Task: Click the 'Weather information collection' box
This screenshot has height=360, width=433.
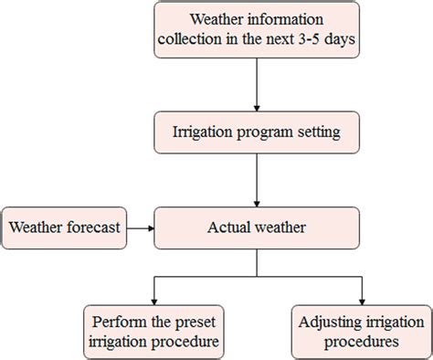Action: click(x=257, y=30)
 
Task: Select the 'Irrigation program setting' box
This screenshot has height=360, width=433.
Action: click(x=257, y=133)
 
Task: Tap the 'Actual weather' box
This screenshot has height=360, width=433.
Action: click(x=257, y=228)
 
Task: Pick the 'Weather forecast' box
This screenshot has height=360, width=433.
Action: click(x=64, y=228)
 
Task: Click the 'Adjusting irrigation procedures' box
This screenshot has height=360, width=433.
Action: click(x=361, y=333)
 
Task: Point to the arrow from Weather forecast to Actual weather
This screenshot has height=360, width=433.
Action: click(x=139, y=228)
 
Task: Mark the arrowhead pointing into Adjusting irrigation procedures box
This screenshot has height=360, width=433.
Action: click(x=363, y=301)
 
